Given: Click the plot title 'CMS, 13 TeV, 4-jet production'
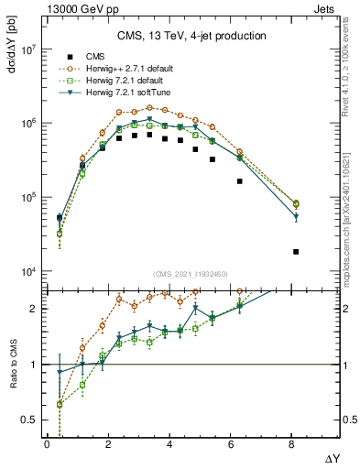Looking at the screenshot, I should point(191,36).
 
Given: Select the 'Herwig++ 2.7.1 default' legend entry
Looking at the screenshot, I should point(125,68).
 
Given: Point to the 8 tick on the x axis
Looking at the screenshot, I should point(292,444).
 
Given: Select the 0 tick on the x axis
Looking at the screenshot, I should point(47,444).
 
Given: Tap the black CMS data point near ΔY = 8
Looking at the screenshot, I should point(296,251).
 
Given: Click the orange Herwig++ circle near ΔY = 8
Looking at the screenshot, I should point(296,203).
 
